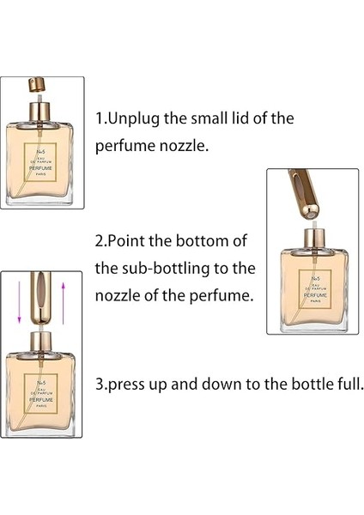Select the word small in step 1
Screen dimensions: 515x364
coord(215,118)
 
